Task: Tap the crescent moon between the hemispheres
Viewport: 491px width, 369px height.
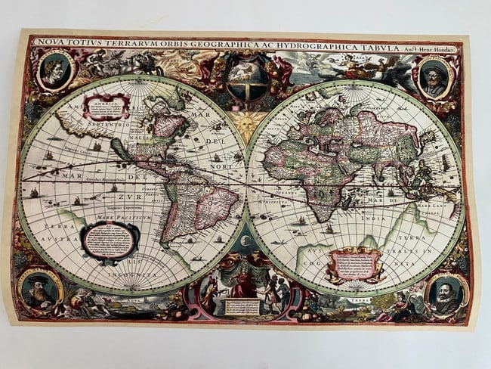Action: [x=246, y=240]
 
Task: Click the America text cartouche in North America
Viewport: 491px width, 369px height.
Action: [x=106, y=107]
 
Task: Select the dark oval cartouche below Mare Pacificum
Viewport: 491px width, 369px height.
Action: [x=110, y=240]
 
